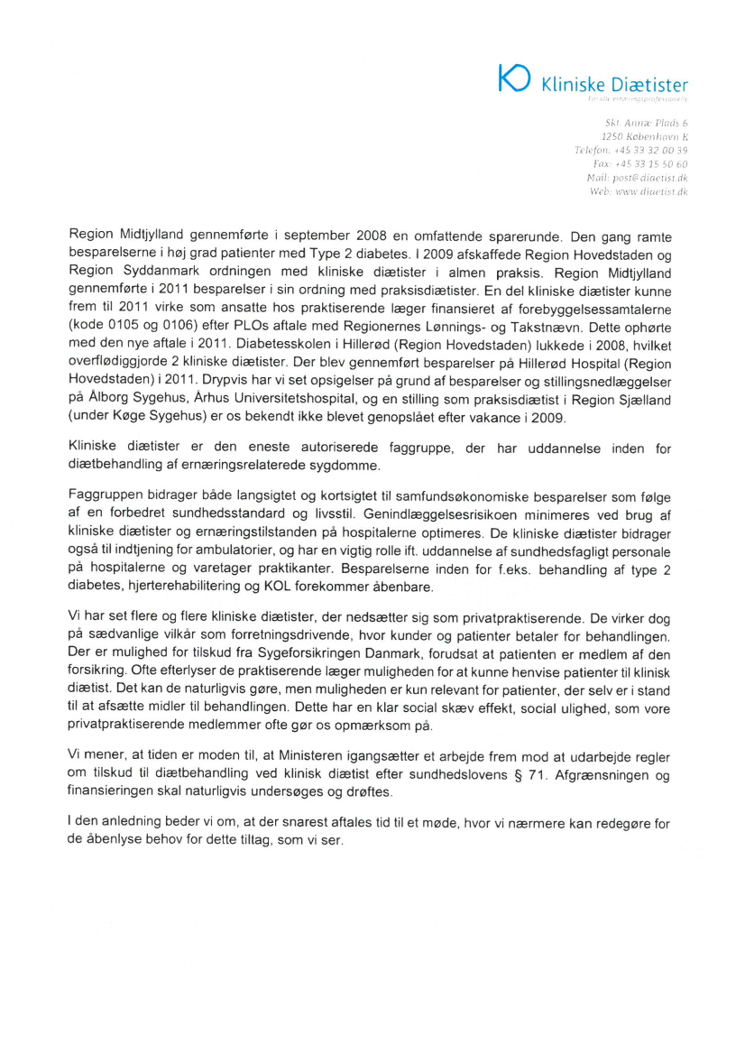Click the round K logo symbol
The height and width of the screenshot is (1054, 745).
(515, 78)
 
